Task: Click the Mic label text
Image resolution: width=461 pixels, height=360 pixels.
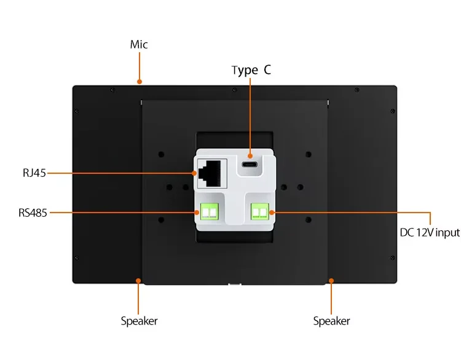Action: (x=139, y=45)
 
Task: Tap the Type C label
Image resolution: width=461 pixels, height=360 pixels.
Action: (x=251, y=70)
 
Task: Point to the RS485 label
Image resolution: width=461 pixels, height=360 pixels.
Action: (x=33, y=213)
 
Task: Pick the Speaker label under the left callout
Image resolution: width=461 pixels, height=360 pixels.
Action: (x=139, y=321)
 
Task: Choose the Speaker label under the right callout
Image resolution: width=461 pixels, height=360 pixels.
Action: (x=331, y=321)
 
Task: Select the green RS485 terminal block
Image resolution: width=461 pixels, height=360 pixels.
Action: (x=210, y=213)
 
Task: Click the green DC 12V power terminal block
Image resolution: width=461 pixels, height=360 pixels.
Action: (x=260, y=213)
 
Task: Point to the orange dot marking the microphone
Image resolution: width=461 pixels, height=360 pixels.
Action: (x=140, y=81)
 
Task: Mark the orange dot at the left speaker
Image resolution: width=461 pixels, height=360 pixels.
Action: (x=139, y=281)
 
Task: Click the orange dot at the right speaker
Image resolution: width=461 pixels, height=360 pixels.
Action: (x=331, y=281)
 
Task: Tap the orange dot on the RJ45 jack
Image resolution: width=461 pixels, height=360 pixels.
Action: (x=195, y=173)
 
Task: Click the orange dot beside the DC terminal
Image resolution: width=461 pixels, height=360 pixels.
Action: (x=270, y=213)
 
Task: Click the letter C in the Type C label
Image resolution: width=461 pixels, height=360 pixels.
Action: (x=267, y=70)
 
